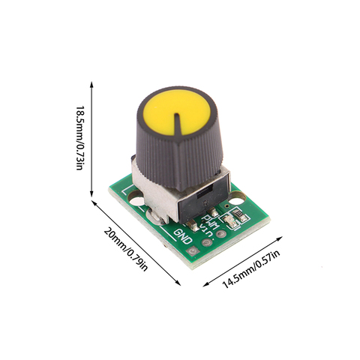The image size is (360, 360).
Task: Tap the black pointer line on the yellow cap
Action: (x=177, y=124)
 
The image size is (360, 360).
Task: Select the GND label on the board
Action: (x=183, y=236)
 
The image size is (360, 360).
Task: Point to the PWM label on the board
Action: (x=211, y=222)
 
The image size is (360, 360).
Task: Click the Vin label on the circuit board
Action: (x=206, y=230)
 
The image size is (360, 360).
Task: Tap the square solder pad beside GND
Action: (x=193, y=251)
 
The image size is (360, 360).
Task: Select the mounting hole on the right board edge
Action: (x=235, y=199)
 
